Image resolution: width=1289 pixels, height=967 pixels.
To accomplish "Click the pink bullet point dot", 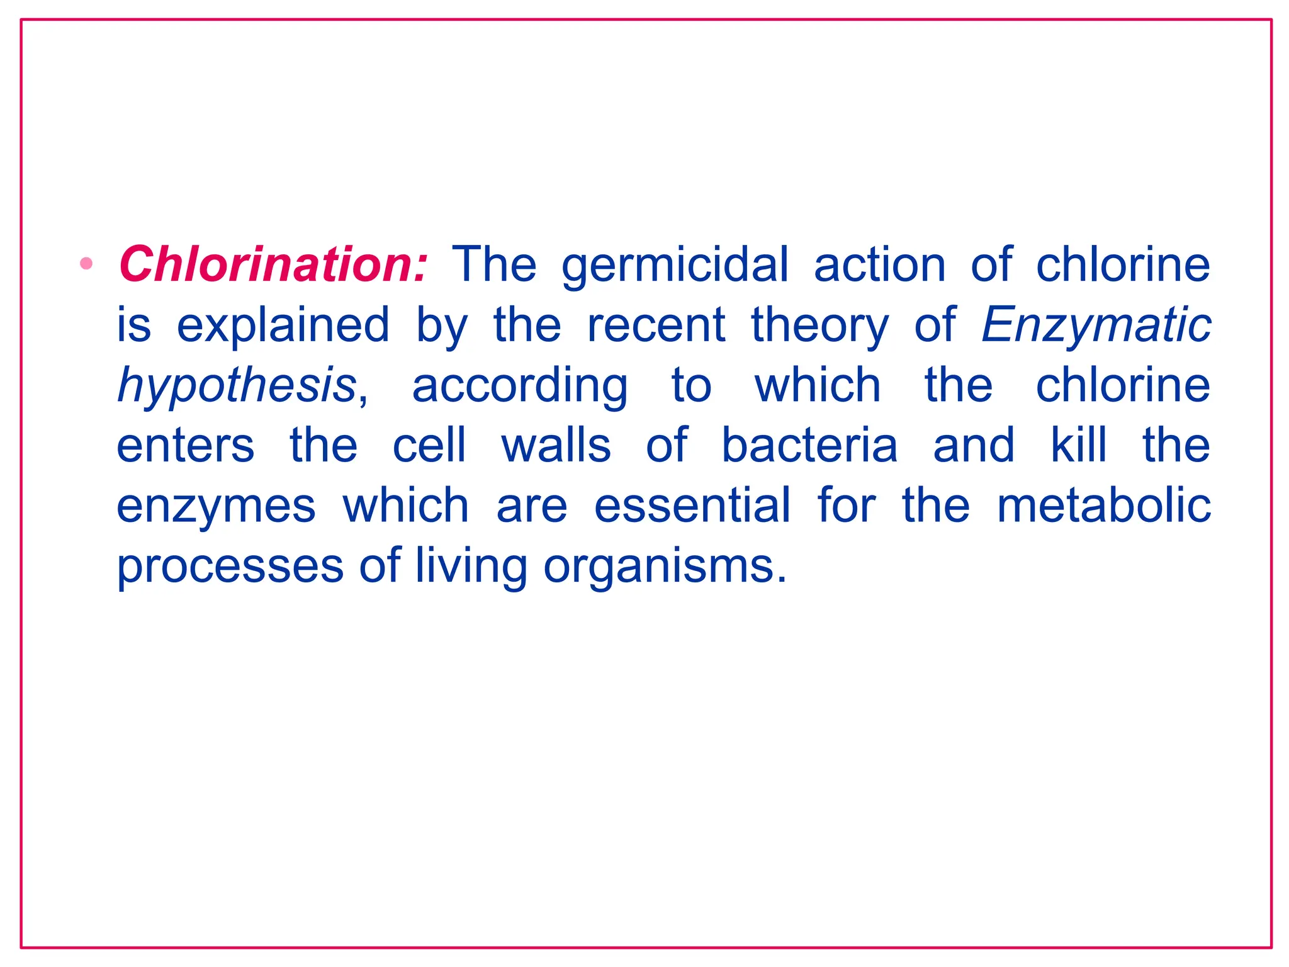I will point(87,263).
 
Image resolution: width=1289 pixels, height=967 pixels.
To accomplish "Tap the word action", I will point(879,264).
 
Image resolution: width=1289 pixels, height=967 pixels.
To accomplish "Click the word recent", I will point(656,325).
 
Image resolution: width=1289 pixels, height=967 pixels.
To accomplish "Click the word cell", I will point(429,444).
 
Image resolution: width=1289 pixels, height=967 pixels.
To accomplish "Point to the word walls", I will point(556,444).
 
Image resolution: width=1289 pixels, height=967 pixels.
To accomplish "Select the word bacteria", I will point(809,444).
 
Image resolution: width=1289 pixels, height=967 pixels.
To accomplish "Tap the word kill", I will point(1078,444).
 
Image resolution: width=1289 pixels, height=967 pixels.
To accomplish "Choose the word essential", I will point(692,505).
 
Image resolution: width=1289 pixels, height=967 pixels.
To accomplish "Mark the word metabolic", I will point(1104,505).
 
